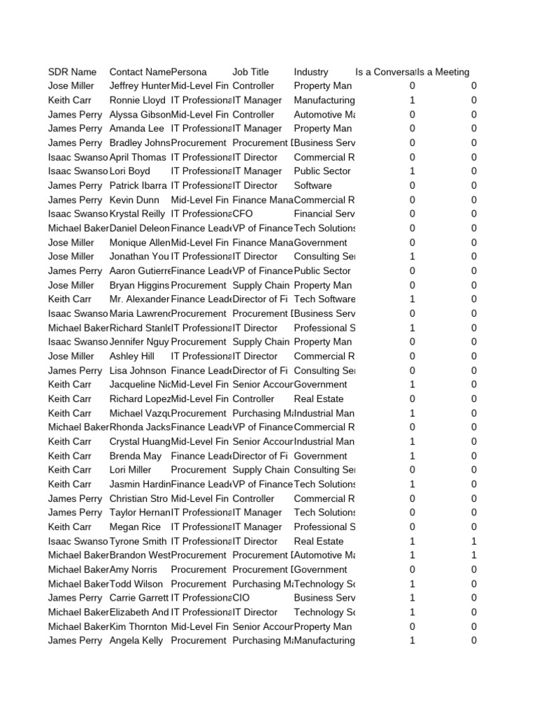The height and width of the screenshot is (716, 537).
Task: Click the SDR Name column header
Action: pos(72,72)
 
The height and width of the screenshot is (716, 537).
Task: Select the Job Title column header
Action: pos(250,72)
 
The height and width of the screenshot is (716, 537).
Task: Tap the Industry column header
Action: pos(311,72)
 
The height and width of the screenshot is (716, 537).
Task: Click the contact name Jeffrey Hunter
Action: pos(140,86)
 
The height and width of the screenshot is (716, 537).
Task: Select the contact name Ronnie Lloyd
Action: pos(137,101)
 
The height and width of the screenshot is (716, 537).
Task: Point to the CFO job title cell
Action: pos(243,214)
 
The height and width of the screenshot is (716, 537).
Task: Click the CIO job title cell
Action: pos(241,598)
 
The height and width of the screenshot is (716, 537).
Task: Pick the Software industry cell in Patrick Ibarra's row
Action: pos(313,185)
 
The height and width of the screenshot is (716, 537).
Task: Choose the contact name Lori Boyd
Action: pos(130,171)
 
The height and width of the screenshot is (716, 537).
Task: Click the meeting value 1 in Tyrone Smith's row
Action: pos(474,541)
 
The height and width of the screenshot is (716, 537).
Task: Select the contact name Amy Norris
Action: pos(134,570)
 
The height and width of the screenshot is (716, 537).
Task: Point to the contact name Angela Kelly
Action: pos(136,640)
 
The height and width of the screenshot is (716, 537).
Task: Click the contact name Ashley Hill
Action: pos(132,357)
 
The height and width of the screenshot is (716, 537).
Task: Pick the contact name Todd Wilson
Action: pos(136,584)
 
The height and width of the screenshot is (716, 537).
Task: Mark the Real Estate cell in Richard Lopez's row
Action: pos(319,399)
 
